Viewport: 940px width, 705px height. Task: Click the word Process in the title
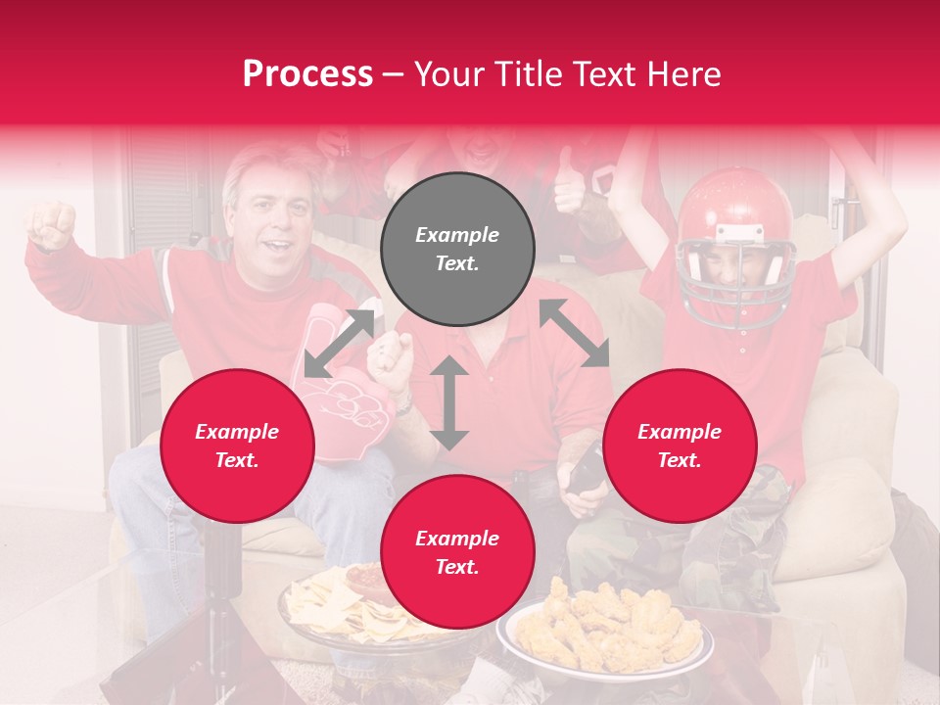(307, 74)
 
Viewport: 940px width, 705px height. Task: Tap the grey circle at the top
(457, 249)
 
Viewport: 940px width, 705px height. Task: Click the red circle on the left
(237, 446)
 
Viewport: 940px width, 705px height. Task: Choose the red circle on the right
(680, 446)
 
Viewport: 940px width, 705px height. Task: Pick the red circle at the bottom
(457, 552)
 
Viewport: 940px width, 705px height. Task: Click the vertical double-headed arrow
(449, 402)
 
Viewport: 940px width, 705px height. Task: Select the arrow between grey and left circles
(339, 344)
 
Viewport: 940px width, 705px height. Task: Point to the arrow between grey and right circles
(575, 334)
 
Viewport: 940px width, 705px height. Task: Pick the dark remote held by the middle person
(586, 470)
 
